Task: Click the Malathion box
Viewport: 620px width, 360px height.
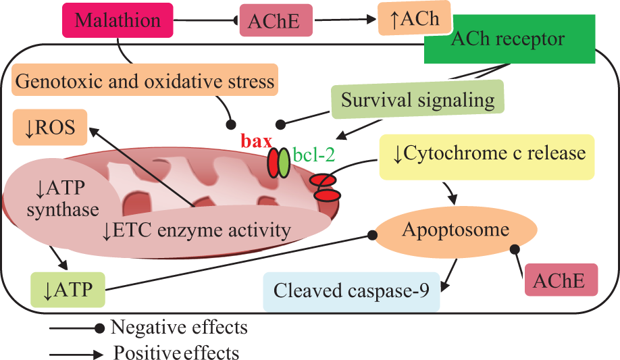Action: coord(118,20)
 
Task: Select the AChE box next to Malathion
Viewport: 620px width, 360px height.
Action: coord(276,20)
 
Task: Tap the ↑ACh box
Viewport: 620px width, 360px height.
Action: coord(415,18)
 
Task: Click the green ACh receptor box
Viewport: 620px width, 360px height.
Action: coord(510,39)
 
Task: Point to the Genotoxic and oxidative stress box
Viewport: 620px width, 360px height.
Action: coord(145,80)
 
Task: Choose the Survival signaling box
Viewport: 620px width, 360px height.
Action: coord(417,99)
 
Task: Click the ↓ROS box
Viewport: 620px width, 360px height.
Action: coord(50,128)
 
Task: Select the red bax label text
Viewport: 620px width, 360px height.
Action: coord(257,141)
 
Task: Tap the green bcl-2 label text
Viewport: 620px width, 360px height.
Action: coord(314,155)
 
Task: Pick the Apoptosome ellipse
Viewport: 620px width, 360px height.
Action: coord(455,230)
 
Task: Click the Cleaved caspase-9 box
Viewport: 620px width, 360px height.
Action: coord(351,290)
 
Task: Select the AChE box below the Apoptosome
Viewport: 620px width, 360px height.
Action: coord(561,280)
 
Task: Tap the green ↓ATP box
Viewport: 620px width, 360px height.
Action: coord(68,290)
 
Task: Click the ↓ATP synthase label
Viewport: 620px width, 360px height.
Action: coord(63,199)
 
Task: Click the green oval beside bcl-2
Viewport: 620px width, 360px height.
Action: coord(284,163)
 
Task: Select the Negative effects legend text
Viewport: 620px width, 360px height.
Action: coord(179,328)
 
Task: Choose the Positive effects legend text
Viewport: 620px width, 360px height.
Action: coord(176,353)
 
